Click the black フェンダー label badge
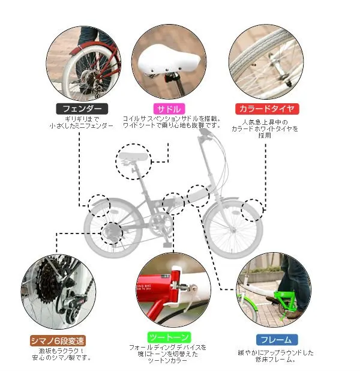(x=82, y=109)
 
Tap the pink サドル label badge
(x=169, y=109)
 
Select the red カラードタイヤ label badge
(x=267, y=109)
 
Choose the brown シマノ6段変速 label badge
(x=58, y=341)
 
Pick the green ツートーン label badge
(x=169, y=337)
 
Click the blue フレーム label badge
(x=277, y=340)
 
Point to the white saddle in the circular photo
(x=169, y=61)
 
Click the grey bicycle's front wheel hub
(x=233, y=230)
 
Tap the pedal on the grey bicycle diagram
(x=167, y=245)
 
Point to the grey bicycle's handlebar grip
(x=205, y=133)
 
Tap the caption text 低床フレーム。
(x=275, y=360)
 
